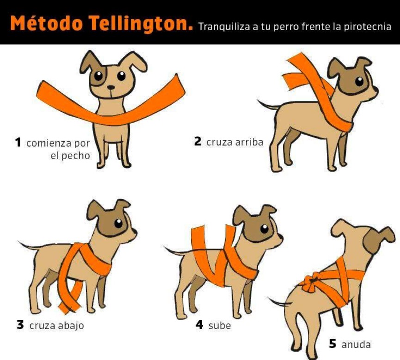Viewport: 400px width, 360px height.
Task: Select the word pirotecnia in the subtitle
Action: (368, 27)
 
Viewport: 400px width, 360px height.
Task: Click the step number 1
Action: (18, 143)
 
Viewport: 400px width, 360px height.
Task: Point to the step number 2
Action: (198, 141)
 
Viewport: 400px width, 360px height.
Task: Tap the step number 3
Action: (20, 325)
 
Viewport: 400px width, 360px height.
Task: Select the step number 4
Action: (199, 324)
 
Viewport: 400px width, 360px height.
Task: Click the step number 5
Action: (332, 344)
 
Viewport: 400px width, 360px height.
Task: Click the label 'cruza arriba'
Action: (235, 142)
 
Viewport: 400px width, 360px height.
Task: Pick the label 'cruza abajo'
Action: (56, 326)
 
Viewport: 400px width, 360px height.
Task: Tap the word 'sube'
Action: (219, 326)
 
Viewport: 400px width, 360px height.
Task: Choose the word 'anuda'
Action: (356, 344)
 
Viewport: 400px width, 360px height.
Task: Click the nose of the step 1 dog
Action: (111, 87)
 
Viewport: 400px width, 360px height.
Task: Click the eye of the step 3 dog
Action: (118, 223)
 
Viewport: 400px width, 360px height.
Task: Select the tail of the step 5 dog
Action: (279, 302)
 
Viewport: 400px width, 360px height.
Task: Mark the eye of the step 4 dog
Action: (265, 229)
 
